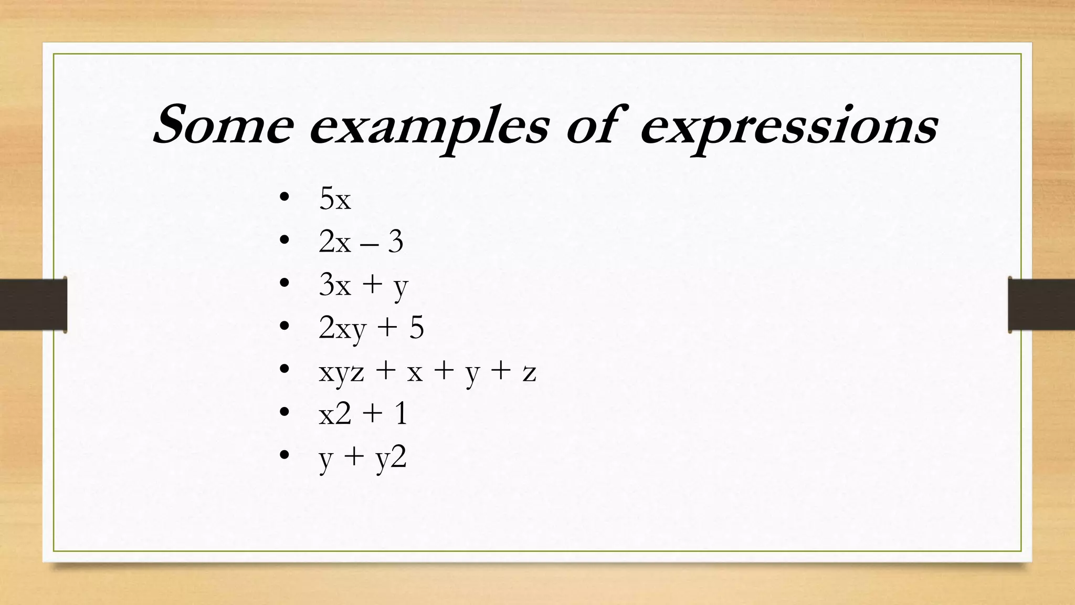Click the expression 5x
pyautogui.click(x=335, y=199)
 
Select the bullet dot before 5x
pyautogui.click(x=284, y=197)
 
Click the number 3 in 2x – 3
pyautogui.click(x=395, y=242)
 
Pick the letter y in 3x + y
pyautogui.click(x=401, y=288)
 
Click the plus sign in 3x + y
pyautogui.click(x=372, y=286)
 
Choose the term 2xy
pyautogui.click(x=342, y=329)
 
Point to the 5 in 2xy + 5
pyautogui.click(x=416, y=328)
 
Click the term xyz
pyautogui.click(x=341, y=373)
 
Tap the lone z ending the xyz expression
pyautogui.click(x=529, y=373)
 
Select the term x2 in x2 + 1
pyautogui.click(x=335, y=414)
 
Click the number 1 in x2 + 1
pyautogui.click(x=401, y=414)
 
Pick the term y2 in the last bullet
pyautogui.click(x=392, y=458)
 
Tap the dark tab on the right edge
pyautogui.click(x=1041, y=305)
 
